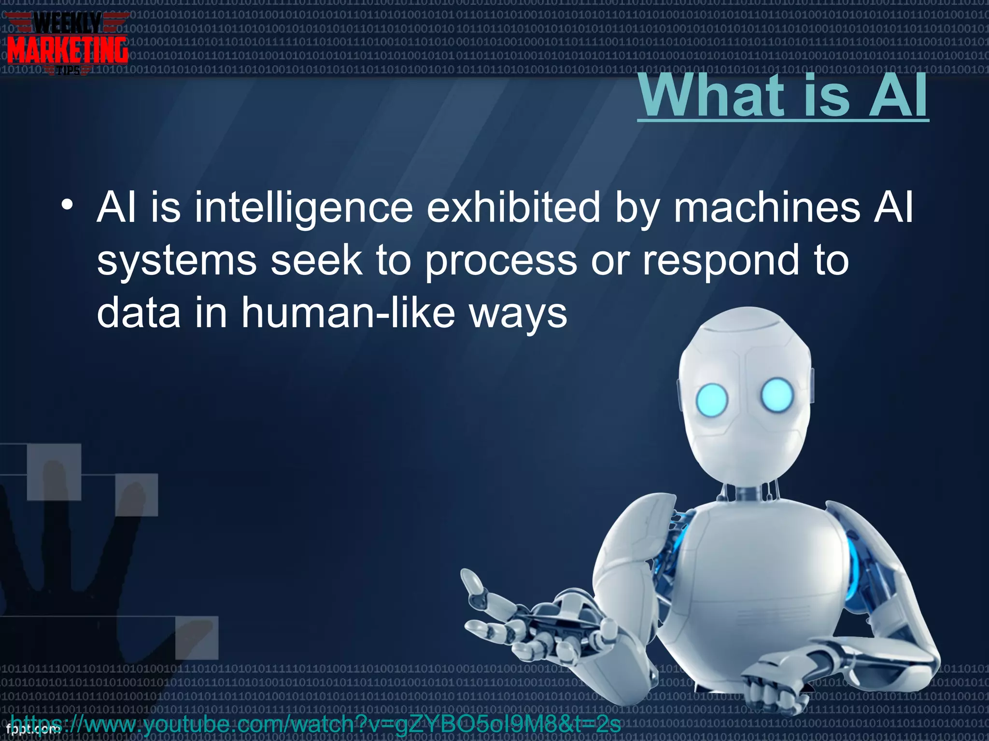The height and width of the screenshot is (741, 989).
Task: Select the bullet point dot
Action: [x=67, y=205]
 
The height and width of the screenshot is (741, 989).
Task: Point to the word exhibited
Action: [x=514, y=207]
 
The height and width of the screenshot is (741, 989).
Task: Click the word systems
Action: [x=177, y=261]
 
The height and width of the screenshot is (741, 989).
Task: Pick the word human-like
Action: [x=348, y=313]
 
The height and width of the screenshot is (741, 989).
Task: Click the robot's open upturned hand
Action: [x=522, y=622]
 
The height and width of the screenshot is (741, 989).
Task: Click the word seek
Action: [x=316, y=261]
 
